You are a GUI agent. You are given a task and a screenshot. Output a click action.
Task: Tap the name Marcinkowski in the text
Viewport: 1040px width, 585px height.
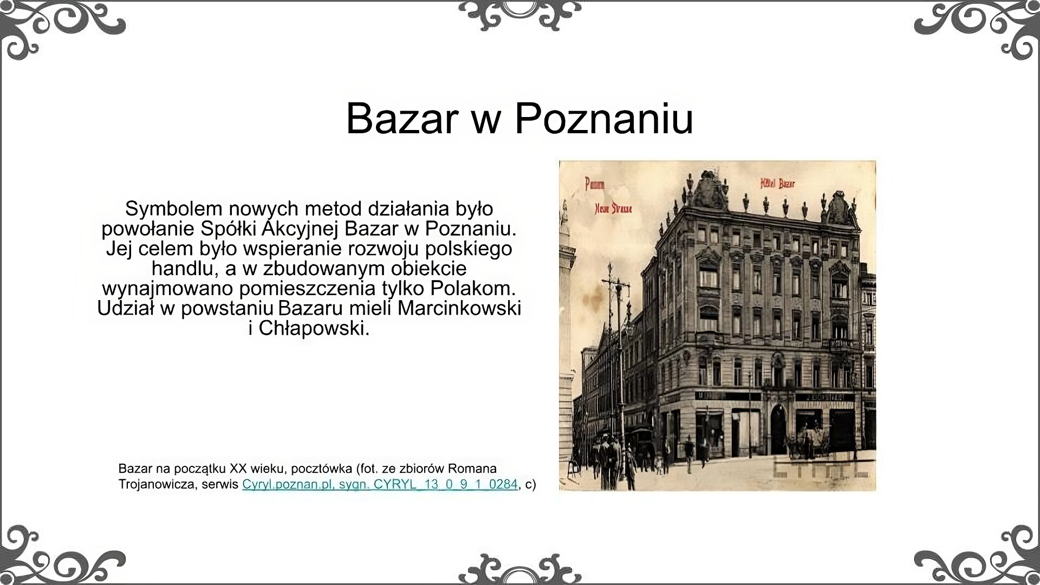coord(459,308)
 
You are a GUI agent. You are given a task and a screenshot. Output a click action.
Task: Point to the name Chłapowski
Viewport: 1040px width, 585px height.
coord(314,328)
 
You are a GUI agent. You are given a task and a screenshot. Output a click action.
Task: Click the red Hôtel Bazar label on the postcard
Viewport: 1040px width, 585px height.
coord(778,184)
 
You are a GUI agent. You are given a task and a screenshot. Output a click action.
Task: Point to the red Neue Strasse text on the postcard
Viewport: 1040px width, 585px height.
coord(613,209)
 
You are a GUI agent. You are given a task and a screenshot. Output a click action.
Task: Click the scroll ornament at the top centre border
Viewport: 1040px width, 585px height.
coord(519,15)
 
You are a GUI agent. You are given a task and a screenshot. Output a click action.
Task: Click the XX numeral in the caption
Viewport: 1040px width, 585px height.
coord(238,468)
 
